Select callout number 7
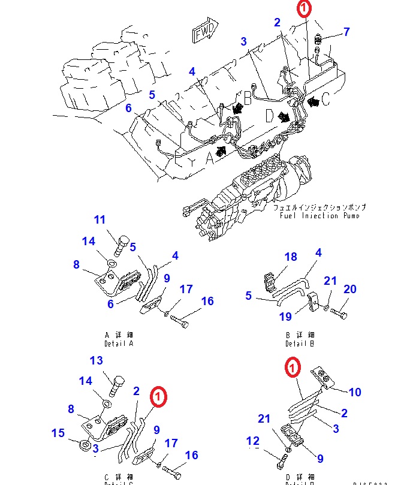click(x=346, y=32)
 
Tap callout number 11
click(x=99, y=220)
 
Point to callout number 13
click(x=97, y=360)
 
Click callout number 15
click(x=58, y=433)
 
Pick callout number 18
click(x=291, y=257)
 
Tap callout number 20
click(x=350, y=290)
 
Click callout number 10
click(x=355, y=392)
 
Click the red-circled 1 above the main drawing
click(x=305, y=8)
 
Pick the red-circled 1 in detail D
click(x=292, y=367)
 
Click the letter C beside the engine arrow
click(x=325, y=101)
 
